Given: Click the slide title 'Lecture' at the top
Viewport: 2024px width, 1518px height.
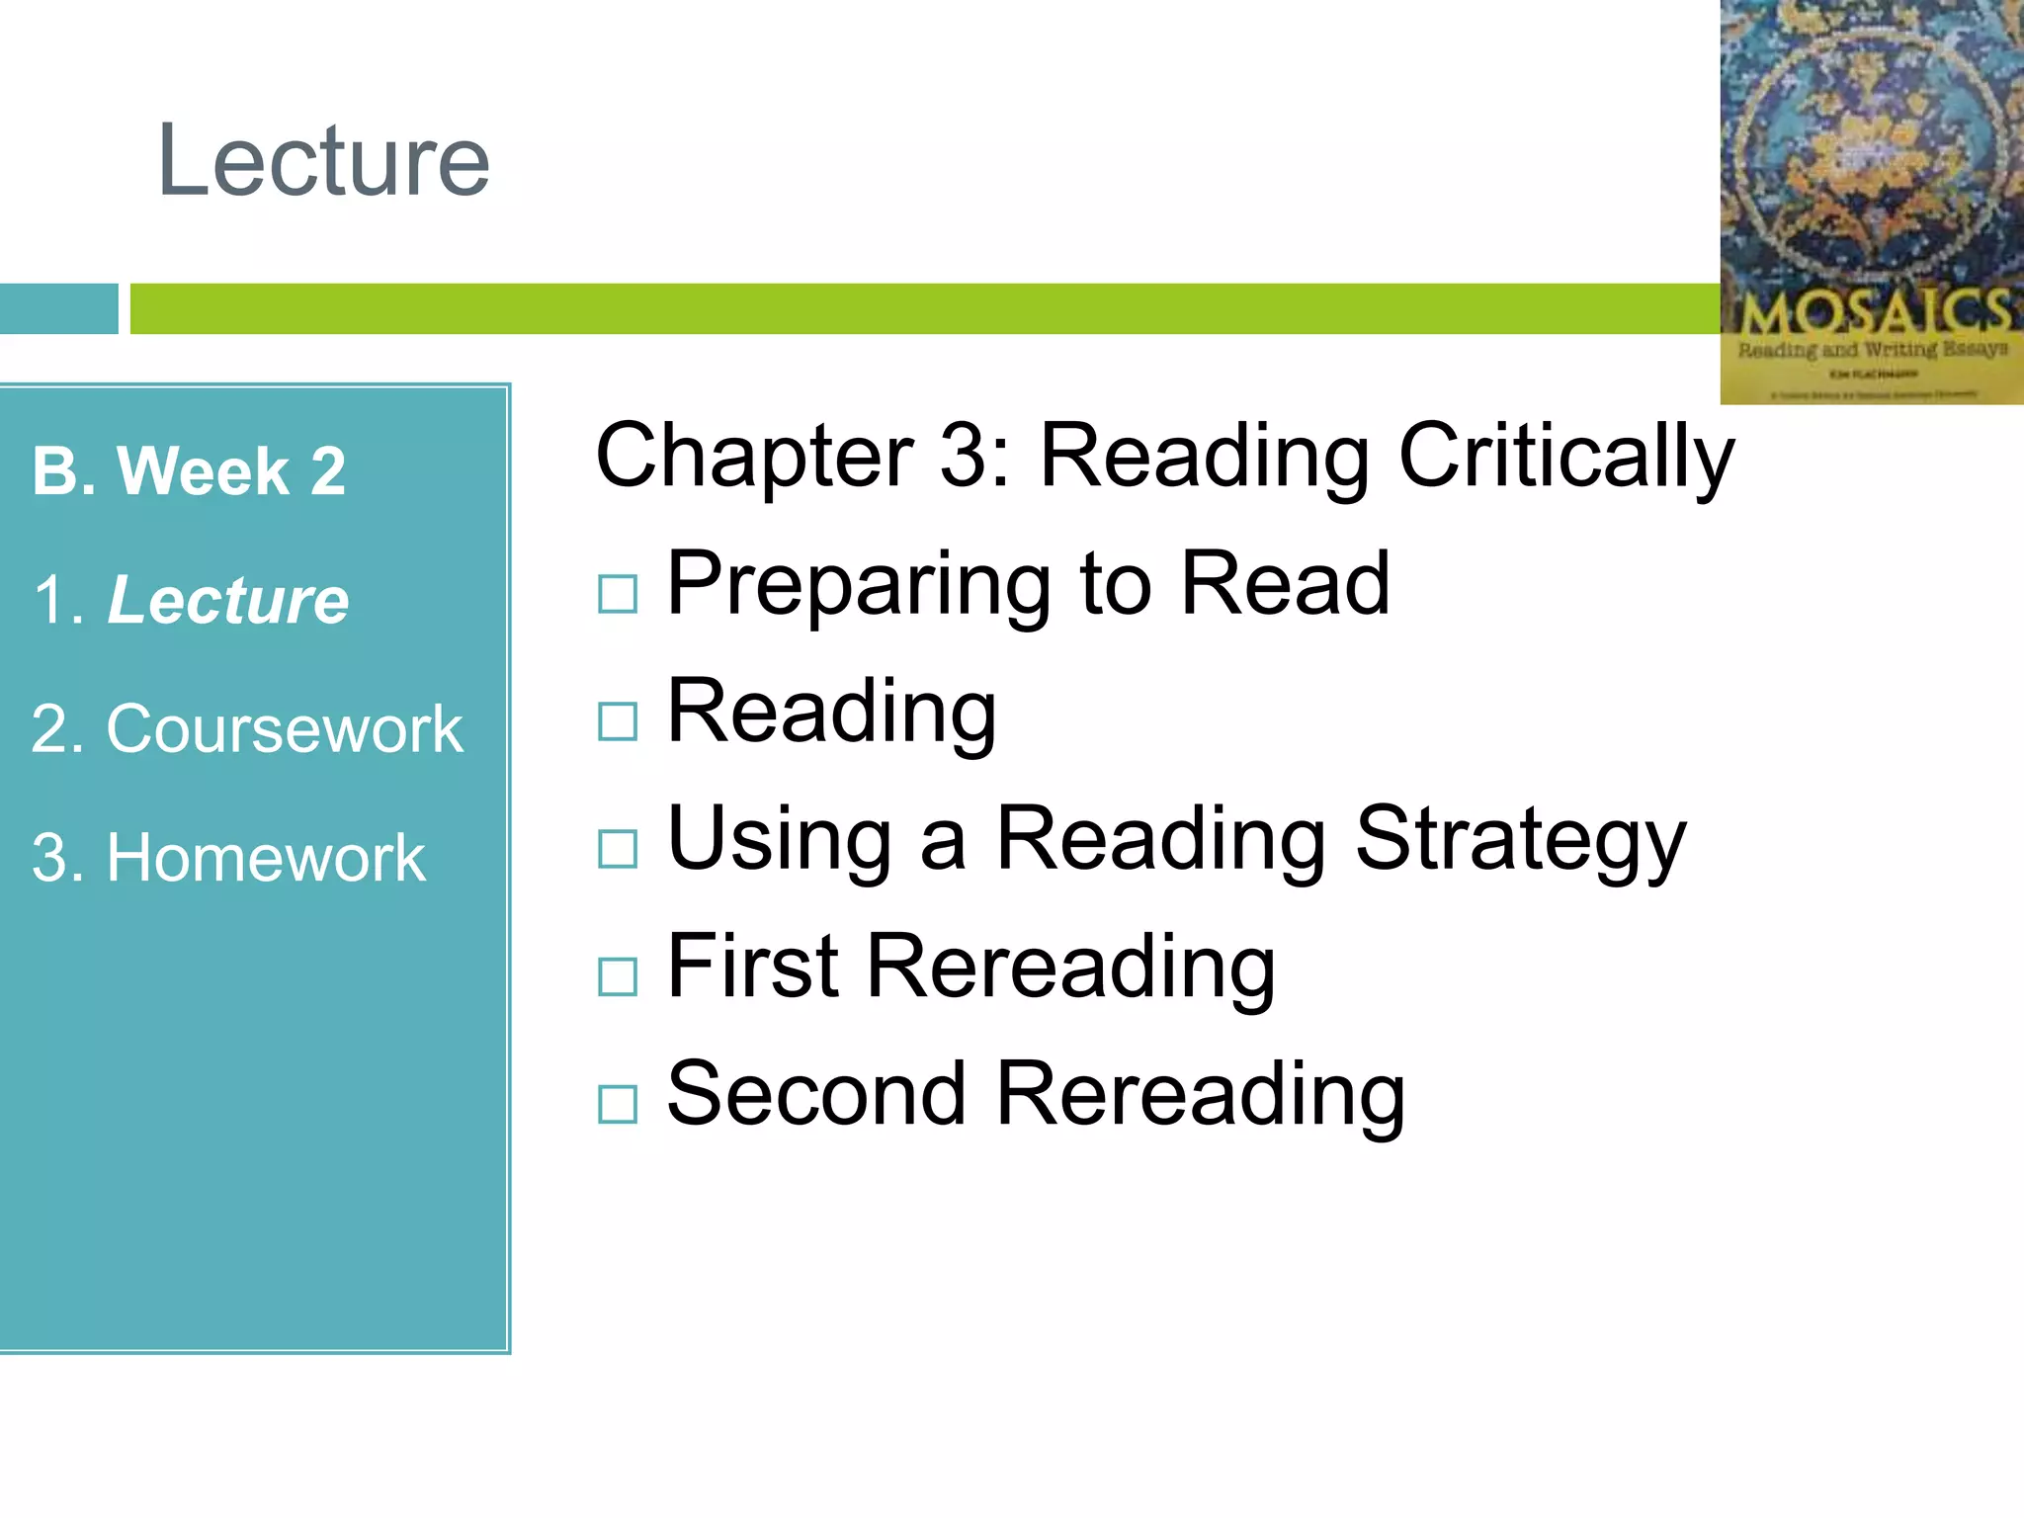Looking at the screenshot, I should (323, 160).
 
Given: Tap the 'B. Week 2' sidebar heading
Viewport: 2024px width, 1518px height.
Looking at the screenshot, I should (189, 470).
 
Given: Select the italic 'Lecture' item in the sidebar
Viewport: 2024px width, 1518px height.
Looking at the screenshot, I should (227, 600).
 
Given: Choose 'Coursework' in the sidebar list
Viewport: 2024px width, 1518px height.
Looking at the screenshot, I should (284, 729).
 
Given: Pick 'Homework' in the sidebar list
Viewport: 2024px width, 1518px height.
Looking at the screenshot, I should (265, 858).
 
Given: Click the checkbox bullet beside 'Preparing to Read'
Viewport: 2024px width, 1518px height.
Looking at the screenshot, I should (618, 594).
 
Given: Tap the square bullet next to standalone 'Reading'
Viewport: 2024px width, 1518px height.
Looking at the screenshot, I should (618, 721).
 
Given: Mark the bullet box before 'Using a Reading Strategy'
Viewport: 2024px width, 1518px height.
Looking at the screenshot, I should (618, 849).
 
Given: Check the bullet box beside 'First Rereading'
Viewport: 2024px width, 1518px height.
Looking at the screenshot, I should (618, 976).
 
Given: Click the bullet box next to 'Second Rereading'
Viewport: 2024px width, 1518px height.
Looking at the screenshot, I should (618, 1104).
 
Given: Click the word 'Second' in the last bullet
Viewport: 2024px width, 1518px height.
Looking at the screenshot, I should (816, 1094).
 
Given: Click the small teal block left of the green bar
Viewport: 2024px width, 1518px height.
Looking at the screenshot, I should (58, 308).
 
